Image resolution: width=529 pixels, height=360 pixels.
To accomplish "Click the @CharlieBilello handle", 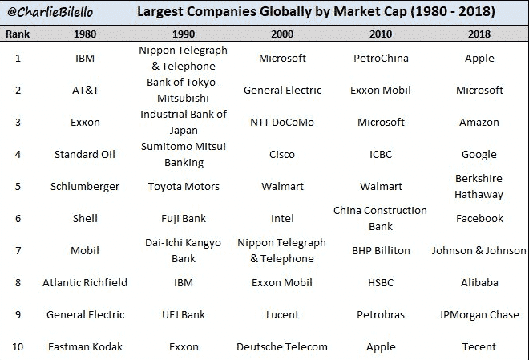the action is pos(50,12).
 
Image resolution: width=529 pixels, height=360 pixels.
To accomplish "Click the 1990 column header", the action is pos(184,34).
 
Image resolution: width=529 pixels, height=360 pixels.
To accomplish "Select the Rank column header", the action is pos(18,34).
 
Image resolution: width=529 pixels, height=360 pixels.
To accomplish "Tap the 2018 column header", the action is pos(479,34).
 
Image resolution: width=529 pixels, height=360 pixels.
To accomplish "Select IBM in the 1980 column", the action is pos(85,58).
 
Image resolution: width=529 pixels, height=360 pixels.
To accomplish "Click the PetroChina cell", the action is pos(381,58).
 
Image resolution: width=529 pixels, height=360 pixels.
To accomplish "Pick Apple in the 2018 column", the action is pos(479,59).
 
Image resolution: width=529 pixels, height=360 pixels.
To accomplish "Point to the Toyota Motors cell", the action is pos(184,187).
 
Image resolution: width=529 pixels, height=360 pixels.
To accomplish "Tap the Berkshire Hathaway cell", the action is pos(479,186).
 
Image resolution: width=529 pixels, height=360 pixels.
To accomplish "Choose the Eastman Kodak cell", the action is pos(85,347).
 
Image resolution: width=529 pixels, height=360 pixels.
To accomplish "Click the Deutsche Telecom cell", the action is pos(282,347).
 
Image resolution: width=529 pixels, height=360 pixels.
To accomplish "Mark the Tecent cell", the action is pos(479,347).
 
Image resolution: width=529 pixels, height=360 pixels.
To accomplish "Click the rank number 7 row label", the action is pos(18,251).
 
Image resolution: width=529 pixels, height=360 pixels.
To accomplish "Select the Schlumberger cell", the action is pos(85,187).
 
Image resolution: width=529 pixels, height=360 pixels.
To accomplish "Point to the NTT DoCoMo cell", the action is pos(282,122).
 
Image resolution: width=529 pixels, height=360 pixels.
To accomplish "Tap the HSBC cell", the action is pos(381,283).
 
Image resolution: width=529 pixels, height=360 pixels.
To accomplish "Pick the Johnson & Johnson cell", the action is pos(479,251).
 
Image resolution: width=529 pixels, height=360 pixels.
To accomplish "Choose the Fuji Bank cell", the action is pos(184,219).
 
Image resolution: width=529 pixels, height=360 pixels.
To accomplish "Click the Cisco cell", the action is pos(282,155).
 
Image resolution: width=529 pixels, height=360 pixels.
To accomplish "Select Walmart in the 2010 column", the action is pos(381,187).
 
